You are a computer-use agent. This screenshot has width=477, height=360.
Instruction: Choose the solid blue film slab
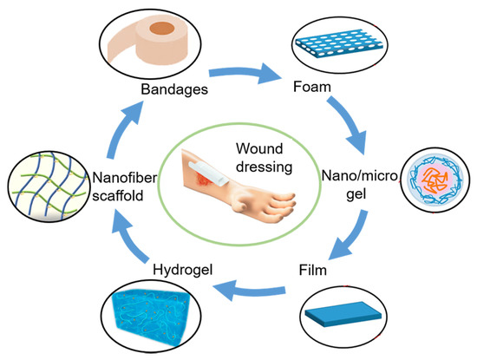(x=349, y=319)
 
